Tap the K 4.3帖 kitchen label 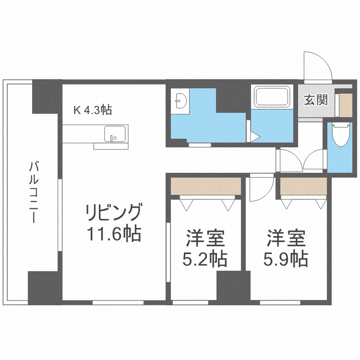tap(93, 110)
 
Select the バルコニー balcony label tap(34, 192)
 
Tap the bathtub tap(272, 97)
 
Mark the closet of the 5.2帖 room tap(206, 186)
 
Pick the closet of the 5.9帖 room tap(303, 186)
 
